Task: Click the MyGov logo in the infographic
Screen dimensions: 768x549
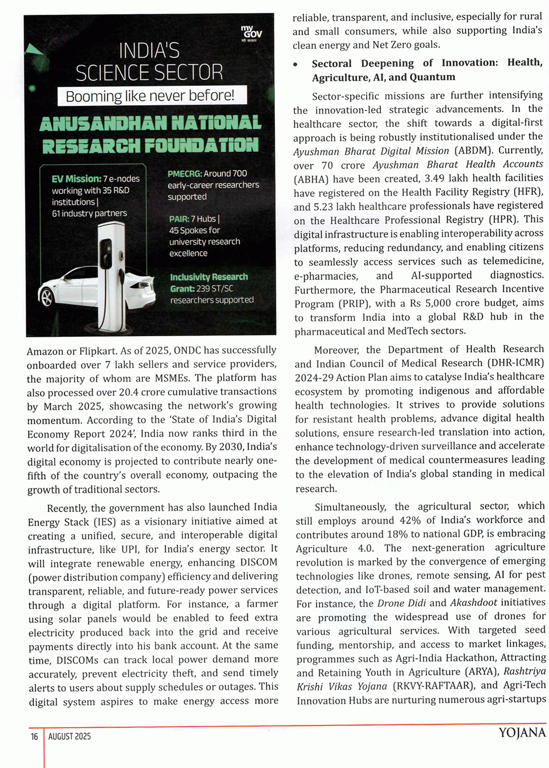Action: (251, 32)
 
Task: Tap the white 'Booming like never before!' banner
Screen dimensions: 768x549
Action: (152, 96)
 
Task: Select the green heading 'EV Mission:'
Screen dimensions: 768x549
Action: (76, 179)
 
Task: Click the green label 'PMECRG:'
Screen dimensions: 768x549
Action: (185, 174)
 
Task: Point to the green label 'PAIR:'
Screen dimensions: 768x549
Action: (179, 219)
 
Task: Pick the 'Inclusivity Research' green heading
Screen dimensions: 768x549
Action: (208, 277)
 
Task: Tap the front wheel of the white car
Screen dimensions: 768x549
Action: (47, 297)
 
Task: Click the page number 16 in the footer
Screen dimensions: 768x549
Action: (34, 737)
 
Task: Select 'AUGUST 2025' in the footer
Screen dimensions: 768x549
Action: (69, 737)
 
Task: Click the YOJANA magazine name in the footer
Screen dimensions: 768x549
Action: (522, 733)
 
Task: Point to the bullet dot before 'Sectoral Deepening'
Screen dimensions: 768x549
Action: (296, 64)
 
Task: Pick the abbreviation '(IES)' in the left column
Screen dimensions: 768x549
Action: (104, 522)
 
